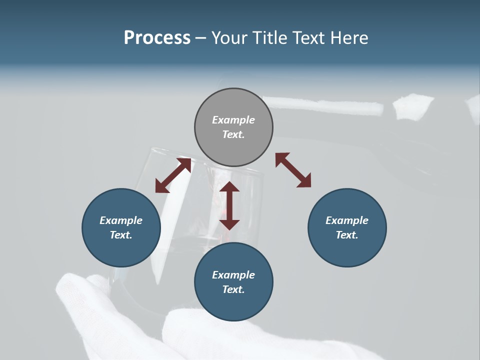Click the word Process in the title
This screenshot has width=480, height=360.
[x=157, y=38]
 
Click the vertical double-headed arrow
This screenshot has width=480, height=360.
[x=229, y=205]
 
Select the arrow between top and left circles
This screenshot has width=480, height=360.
[x=173, y=175]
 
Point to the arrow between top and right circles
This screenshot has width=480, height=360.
[x=293, y=170]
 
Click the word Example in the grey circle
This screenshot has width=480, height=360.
[x=233, y=120]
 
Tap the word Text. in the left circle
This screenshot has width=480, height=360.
[x=121, y=235]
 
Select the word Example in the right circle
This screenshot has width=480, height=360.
[x=347, y=220]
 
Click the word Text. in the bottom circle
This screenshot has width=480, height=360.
[x=233, y=289]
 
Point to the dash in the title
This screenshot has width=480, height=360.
[x=201, y=38]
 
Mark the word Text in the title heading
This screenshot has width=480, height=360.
[x=308, y=38]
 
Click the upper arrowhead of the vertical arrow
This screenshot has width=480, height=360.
[x=229, y=188]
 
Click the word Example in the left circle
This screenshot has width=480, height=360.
[x=121, y=220]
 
